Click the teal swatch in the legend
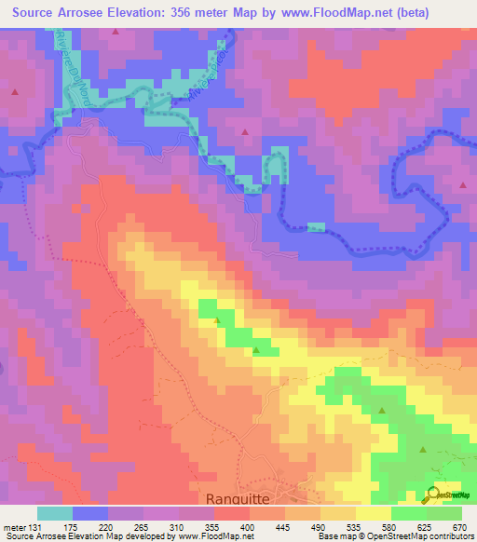tap(54, 513)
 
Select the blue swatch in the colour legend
tap(89, 513)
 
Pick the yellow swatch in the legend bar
tap(373, 513)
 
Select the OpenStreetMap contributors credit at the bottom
tap(420, 536)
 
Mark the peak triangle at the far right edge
tap(463, 185)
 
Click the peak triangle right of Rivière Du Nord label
tap(116, 31)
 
